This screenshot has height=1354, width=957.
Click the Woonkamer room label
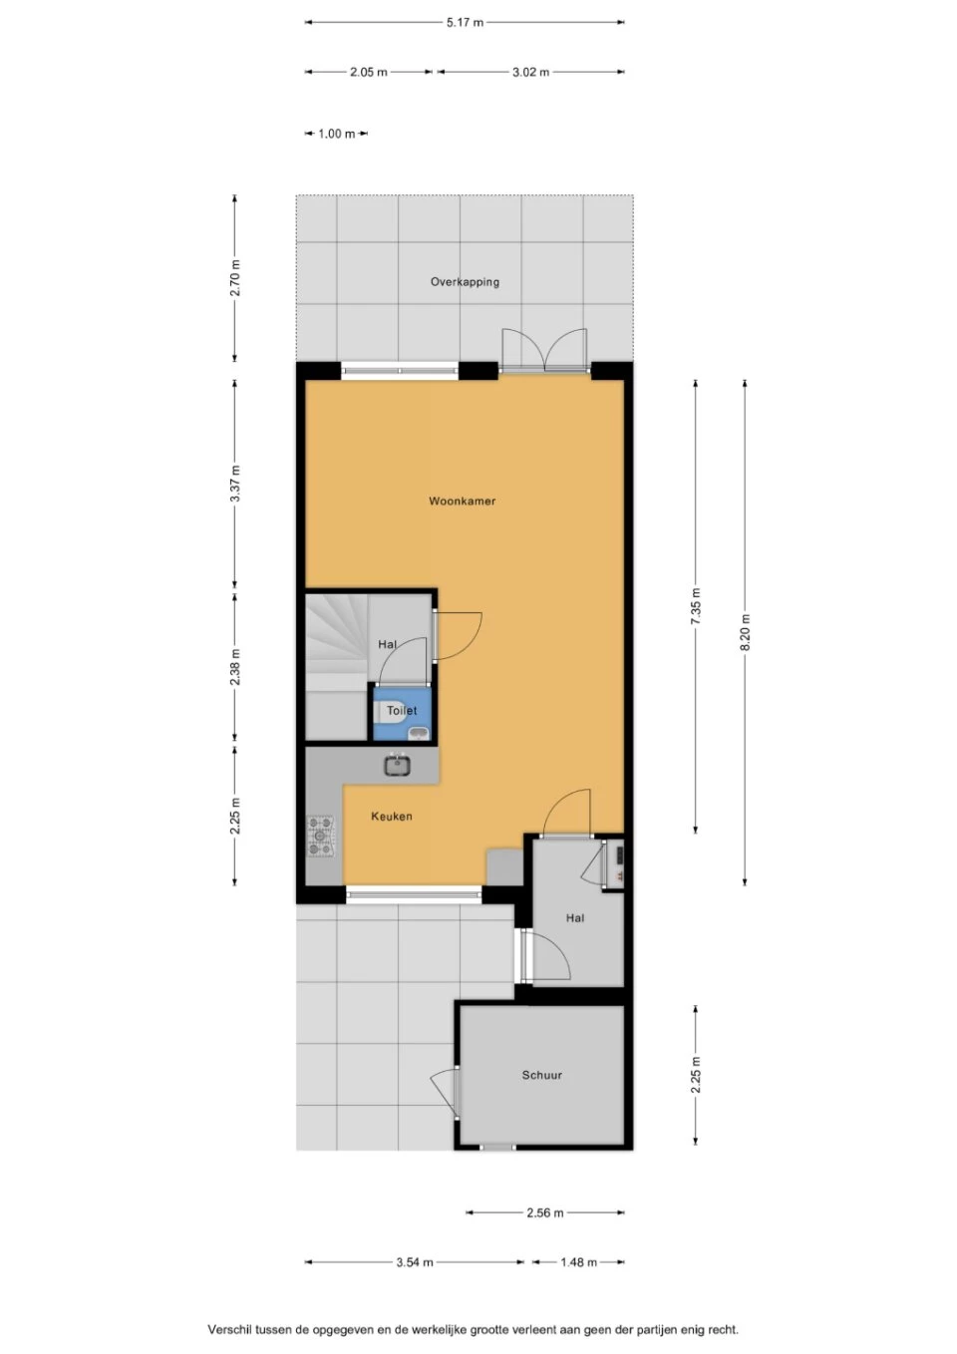coord(463,501)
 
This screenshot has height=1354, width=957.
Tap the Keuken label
coord(392,816)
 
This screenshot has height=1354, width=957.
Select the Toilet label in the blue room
coord(402,710)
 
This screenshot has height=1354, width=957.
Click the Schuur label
coord(542,1075)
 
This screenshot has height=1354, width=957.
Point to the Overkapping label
coord(465,282)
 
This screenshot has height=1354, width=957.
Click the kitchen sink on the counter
coord(397,766)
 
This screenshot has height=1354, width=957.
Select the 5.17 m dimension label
coord(466,23)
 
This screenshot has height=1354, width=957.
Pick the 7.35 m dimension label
coord(696,606)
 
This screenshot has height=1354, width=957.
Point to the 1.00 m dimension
coord(337,134)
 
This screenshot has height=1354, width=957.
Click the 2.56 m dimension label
coord(545,1212)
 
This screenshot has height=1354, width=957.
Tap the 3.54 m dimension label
coord(415,1262)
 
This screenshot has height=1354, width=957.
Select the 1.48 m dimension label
coord(578,1262)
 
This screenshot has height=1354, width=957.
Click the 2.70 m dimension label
coord(235,278)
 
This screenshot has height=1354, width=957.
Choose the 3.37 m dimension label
coord(235,483)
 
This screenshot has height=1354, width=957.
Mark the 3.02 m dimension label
coord(530,73)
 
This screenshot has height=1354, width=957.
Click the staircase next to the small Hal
coord(336,667)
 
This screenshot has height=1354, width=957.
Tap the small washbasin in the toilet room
coord(420,734)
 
